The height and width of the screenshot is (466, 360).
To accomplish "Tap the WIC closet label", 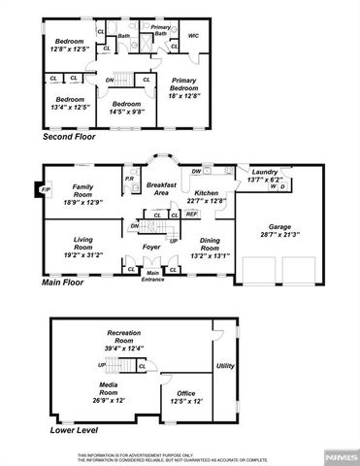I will pyautogui.click(x=192, y=36).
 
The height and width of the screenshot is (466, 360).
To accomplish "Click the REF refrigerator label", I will pyautogui.click(x=191, y=214).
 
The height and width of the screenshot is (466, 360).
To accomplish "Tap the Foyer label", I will pyautogui.click(x=153, y=247).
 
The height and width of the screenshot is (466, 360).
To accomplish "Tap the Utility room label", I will pyautogui.click(x=225, y=365).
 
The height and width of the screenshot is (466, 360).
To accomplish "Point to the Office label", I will pyautogui.click(x=186, y=393).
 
